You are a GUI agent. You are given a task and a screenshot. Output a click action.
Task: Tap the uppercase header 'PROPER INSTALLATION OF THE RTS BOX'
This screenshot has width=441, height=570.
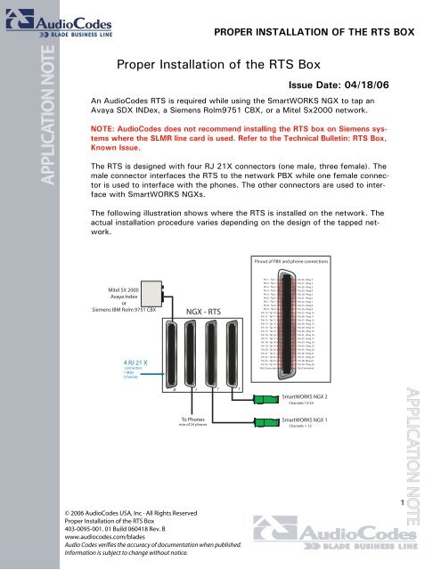pyautogui.click(x=314, y=31)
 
